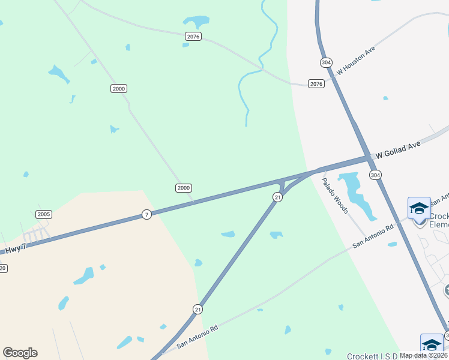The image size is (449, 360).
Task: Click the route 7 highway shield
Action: coord(147,214)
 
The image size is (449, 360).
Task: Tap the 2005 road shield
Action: coord(44,214)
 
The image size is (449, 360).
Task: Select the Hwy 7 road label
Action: coord(16,248)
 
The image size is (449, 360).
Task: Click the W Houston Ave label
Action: coord(355,61)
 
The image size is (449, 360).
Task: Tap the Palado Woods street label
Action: coord(334,195)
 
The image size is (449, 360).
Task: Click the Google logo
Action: coord(20,353)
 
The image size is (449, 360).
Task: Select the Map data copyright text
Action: coord(423,355)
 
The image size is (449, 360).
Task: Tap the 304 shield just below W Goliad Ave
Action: coord(375,175)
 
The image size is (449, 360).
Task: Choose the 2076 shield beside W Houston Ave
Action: coord(316,84)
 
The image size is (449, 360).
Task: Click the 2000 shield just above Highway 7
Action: coord(184,188)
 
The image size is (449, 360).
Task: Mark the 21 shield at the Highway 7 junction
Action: coord(277,197)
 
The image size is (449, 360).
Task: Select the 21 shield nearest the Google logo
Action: coord(197,309)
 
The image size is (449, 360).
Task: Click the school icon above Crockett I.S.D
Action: coord(432,344)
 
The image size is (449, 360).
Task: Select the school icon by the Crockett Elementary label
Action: coord(419,208)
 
